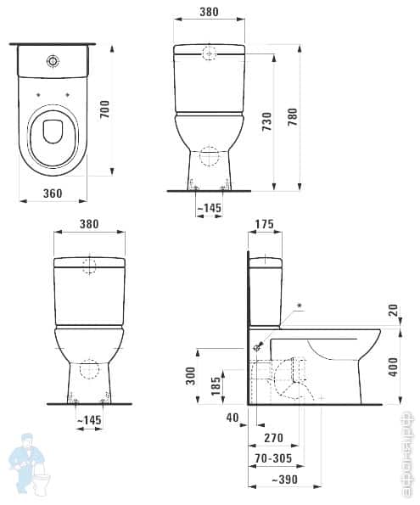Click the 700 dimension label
point(105,110)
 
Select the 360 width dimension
point(53,194)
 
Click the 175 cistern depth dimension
point(265,225)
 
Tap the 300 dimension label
point(190,376)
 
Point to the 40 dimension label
point(232,417)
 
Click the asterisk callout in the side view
point(298,305)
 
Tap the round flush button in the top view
point(54,61)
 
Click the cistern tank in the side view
point(264,289)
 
